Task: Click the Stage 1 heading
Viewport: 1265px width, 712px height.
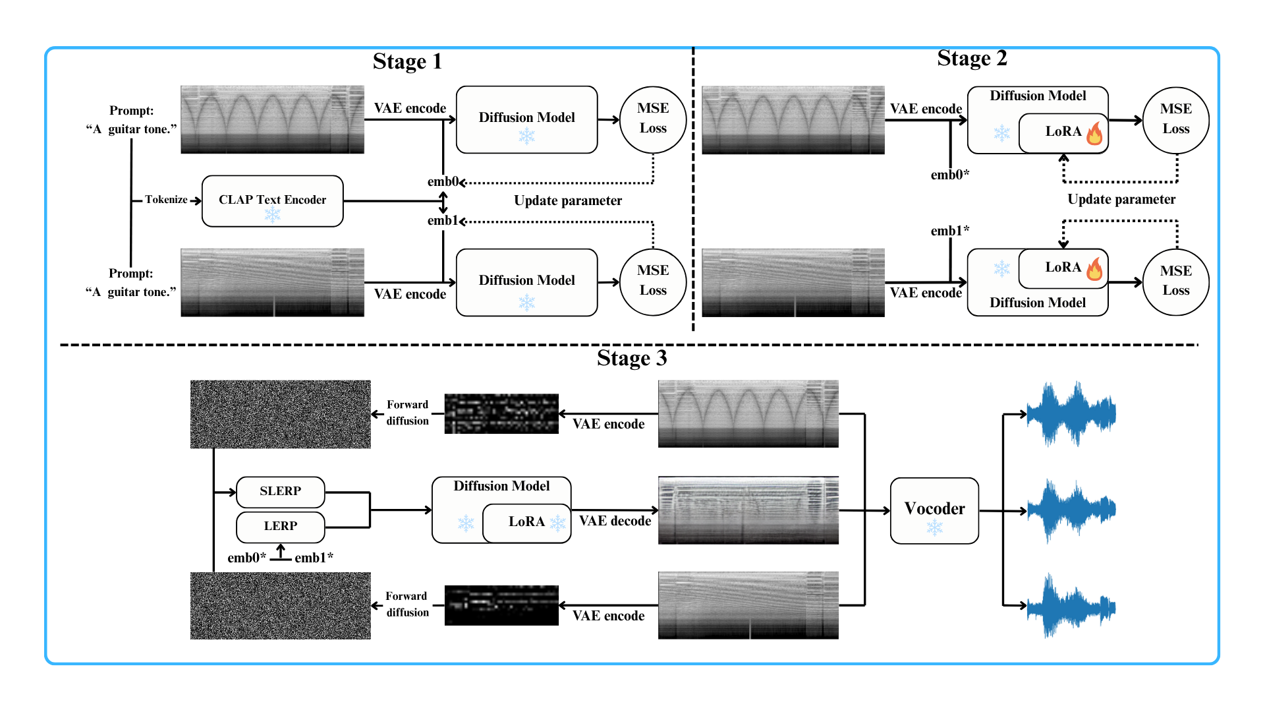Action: pyautogui.click(x=407, y=61)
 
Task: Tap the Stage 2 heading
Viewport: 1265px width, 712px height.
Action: pyautogui.click(x=972, y=59)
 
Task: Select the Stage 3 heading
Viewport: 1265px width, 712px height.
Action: pyautogui.click(x=632, y=358)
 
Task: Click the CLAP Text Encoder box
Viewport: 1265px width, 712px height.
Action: pyautogui.click(x=272, y=200)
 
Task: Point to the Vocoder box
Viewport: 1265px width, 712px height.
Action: pyautogui.click(x=934, y=510)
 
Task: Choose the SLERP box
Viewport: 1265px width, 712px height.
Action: pyautogui.click(x=280, y=491)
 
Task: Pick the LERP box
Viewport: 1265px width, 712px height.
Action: pyautogui.click(x=280, y=526)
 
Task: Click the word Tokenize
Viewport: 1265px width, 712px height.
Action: pyautogui.click(x=166, y=200)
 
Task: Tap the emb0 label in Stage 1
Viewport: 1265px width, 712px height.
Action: pyautogui.click(x=442, y=181)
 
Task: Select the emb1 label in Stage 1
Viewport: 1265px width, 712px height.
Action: pyautogui.click(x=442, y=220)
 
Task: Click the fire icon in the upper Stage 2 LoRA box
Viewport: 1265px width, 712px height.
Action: pyautogui.click(x=1094, y=133)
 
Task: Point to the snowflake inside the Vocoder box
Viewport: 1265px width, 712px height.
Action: pyautogui.click(x=934, y=527)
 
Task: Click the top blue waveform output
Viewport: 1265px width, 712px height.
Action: pyautogui.click(x=1071, y=414)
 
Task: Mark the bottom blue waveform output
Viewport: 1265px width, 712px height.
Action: pyautogui.click(x=1071, y=605)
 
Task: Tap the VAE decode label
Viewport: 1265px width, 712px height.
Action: pyautogui.click(x=615, y=521)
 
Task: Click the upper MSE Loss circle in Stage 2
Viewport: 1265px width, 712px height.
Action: pyautogui.click(x=1175, y=119)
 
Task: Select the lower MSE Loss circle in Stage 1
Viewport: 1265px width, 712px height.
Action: pyautogui.click(x=653, y=282)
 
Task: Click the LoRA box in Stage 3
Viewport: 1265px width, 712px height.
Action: pyautogui.click(x=526, y=522)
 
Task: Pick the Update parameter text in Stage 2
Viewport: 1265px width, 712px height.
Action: pyautogui.click(x=1121, y=200)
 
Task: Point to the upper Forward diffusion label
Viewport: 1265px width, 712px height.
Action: pyautogui.click(x=407, y=413)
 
